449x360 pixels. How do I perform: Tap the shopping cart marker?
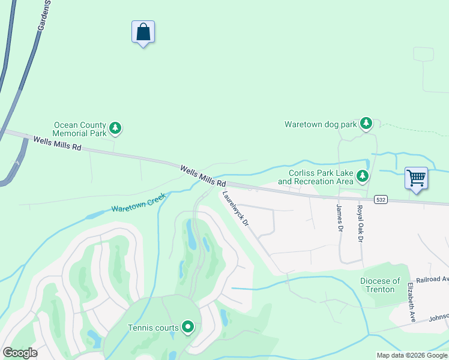(416, 178)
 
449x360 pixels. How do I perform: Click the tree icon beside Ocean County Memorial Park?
(115, 128)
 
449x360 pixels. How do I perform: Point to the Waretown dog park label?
(321, 125)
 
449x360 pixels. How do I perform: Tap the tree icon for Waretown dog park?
(366, 124)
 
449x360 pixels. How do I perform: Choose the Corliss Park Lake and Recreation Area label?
(315, 176)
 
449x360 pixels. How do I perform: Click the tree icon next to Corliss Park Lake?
(362, 176)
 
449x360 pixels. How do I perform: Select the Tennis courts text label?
(153, 328)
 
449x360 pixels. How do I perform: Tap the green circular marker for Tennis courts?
(188, 327)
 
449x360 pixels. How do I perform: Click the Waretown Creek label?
(138, 203)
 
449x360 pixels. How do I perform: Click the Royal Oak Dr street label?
(360, 224)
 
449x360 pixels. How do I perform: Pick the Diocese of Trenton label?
(381, 285)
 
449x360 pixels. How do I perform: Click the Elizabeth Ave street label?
(412, 302)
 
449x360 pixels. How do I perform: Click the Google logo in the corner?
(20, 353)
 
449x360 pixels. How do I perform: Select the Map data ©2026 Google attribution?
(412, 355)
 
